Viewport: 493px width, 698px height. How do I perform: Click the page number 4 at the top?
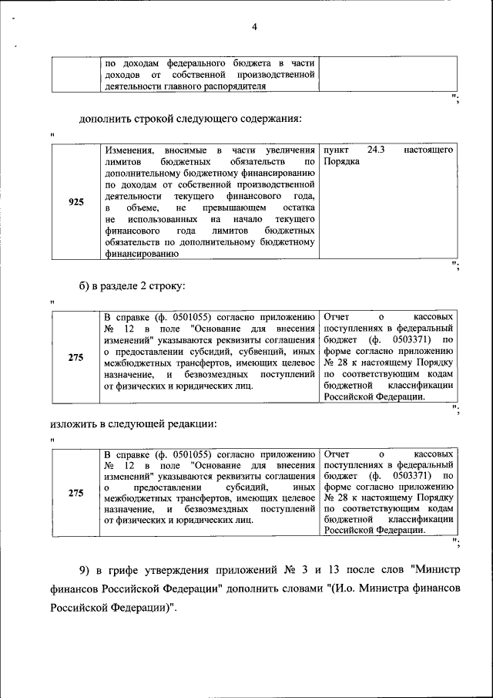click(x=254, y=28)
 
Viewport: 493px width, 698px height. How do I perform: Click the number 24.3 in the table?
click(x=375, y=149)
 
